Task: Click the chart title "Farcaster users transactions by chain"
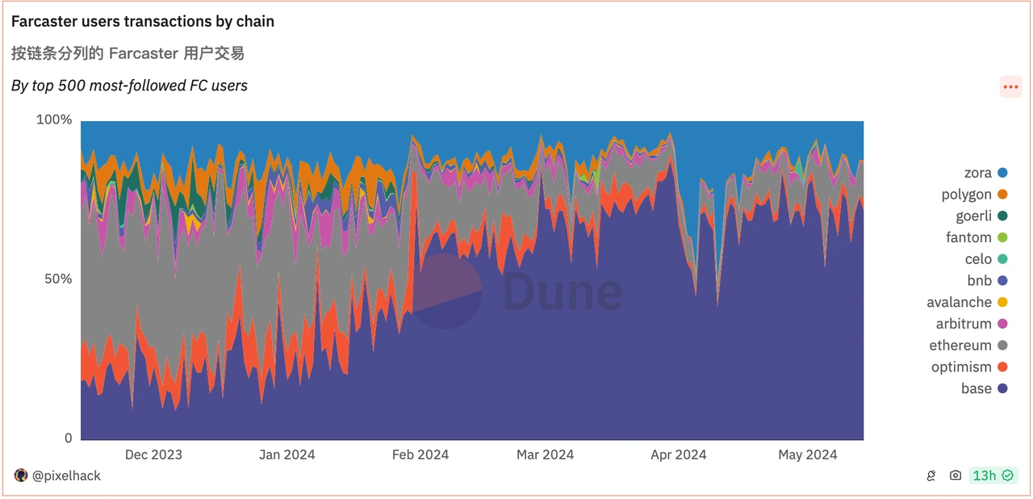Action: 143,22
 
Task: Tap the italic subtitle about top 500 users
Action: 129,86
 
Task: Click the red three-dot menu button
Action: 1010,86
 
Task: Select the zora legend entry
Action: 985,173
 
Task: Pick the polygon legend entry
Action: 974,195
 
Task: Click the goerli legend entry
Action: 978,216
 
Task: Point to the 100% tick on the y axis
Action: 54,120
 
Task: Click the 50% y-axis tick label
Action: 57,279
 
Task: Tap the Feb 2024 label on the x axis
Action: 420,455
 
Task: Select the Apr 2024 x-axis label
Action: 679,455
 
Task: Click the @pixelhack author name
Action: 66,476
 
